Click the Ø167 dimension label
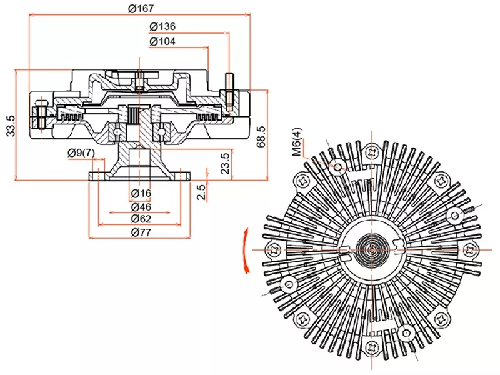[x=141, y=9]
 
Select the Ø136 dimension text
[x=162, y=27]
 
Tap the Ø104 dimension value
[x=162, y=42]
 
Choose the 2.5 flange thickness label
[x=201, y=192]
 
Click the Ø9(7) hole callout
[x=81, y=153]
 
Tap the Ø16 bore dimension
[x=141, y=193]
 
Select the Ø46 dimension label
[x=141, y=206]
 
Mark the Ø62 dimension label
[x=141, y=219]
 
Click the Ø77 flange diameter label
[x=141, y=232]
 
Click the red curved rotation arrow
[x=246, y=250]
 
